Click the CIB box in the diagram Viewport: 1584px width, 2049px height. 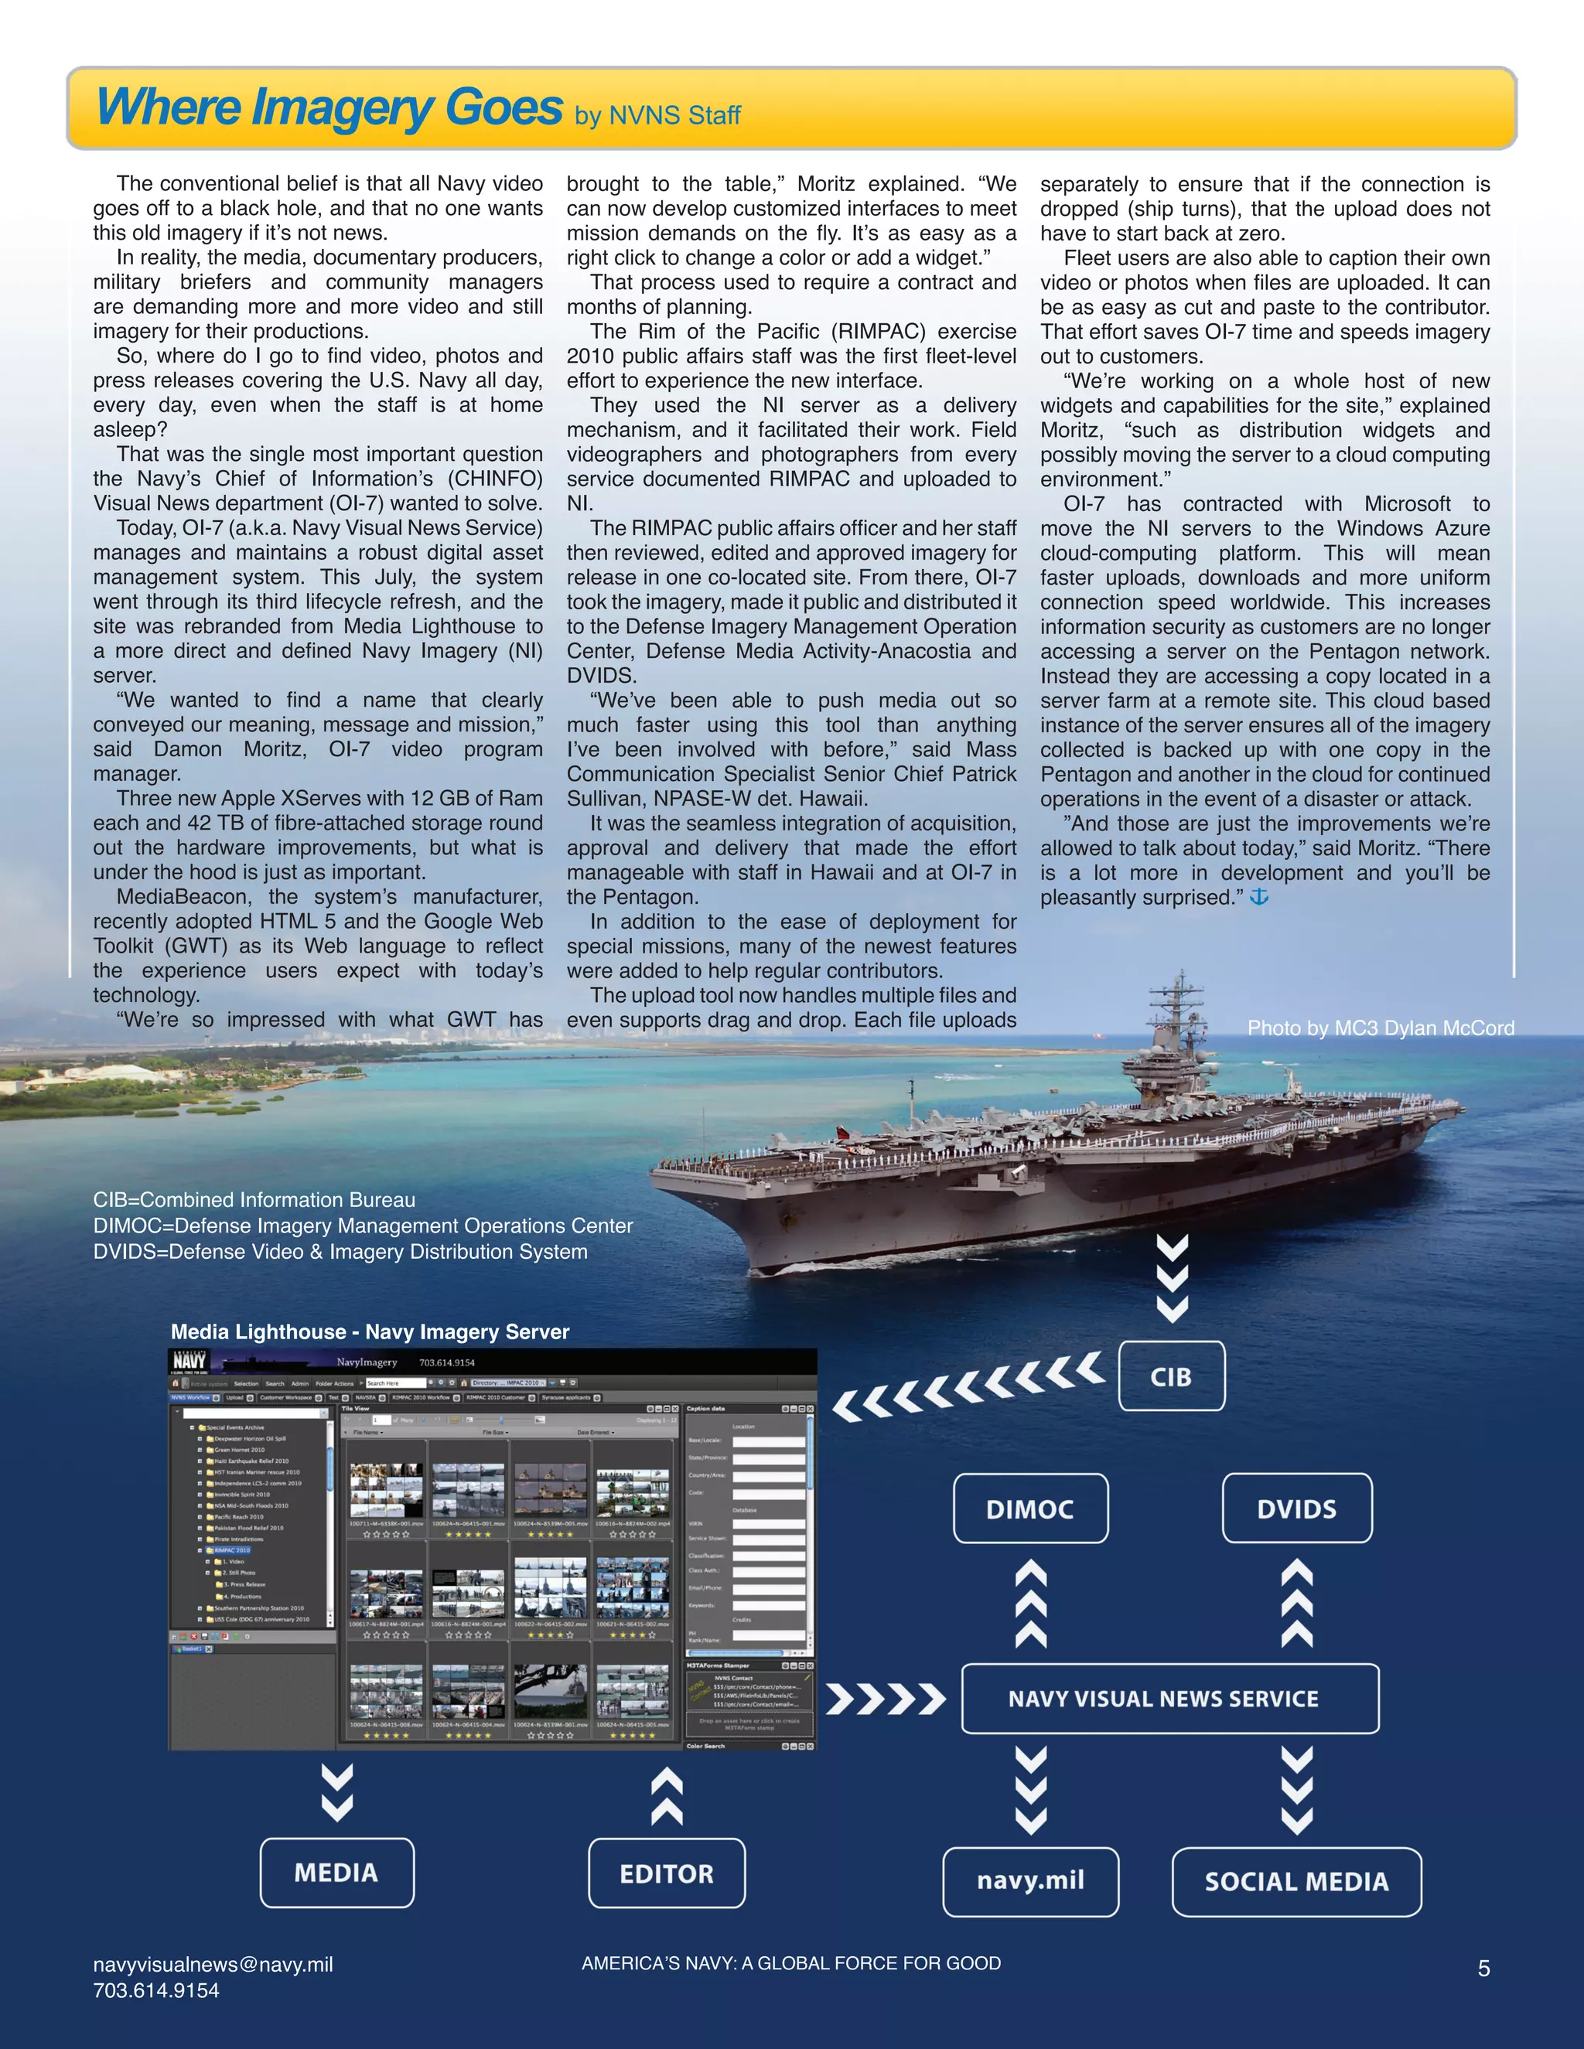[x=1171, y=1376]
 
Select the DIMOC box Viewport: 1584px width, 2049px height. [x=1030, y=1509]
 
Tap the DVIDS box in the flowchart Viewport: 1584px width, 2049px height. [x=1297, y=1509]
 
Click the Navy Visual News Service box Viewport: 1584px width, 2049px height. [x=1170, y=1698]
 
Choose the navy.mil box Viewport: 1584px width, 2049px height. [x=1030, y=1881]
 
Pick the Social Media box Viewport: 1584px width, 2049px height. [x=1297, y=1881]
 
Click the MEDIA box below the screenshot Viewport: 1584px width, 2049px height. [x=336, y=1873]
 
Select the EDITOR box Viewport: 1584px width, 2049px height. [x=666, y=1873]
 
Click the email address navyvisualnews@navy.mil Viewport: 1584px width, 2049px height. [x=213, y=1965]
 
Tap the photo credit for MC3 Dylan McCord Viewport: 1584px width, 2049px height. [x=1381, y=1028]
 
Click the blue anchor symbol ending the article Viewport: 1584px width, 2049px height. [x=1259, y=897]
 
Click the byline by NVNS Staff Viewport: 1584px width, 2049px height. [x=658, y=115]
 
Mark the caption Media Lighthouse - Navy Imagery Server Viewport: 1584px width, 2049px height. [x=370, y=1331]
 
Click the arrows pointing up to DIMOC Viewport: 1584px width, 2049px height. [x=1030, y=1604]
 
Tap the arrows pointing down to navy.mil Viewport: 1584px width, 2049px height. [x=1030, y=1789]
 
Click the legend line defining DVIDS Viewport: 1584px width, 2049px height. [x=340, y=1252]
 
